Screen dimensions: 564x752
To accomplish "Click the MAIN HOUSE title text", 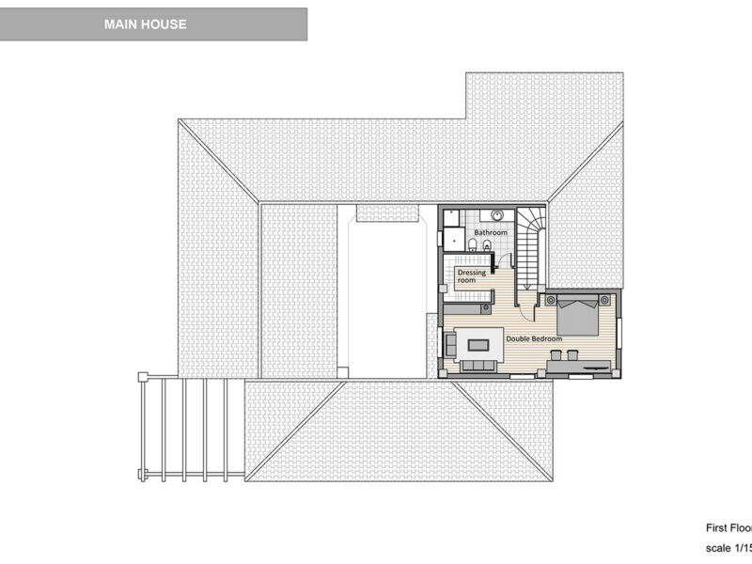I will tap(145, 24).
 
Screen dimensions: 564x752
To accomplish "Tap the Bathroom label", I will tap(490, 231).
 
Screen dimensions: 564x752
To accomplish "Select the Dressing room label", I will tap(473, 276).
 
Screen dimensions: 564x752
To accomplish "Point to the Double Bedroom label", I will tap(534, 337).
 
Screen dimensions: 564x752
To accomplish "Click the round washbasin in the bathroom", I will tap(496, 216).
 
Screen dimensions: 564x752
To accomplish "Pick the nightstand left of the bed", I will tap(549, 301).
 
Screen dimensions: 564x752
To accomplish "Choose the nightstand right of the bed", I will tap(603, 301).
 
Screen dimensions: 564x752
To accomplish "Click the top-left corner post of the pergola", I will tap(143, 377).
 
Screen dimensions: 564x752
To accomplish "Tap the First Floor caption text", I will tap(728, 528).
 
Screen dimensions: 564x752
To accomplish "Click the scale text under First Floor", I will tap(729, 548).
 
